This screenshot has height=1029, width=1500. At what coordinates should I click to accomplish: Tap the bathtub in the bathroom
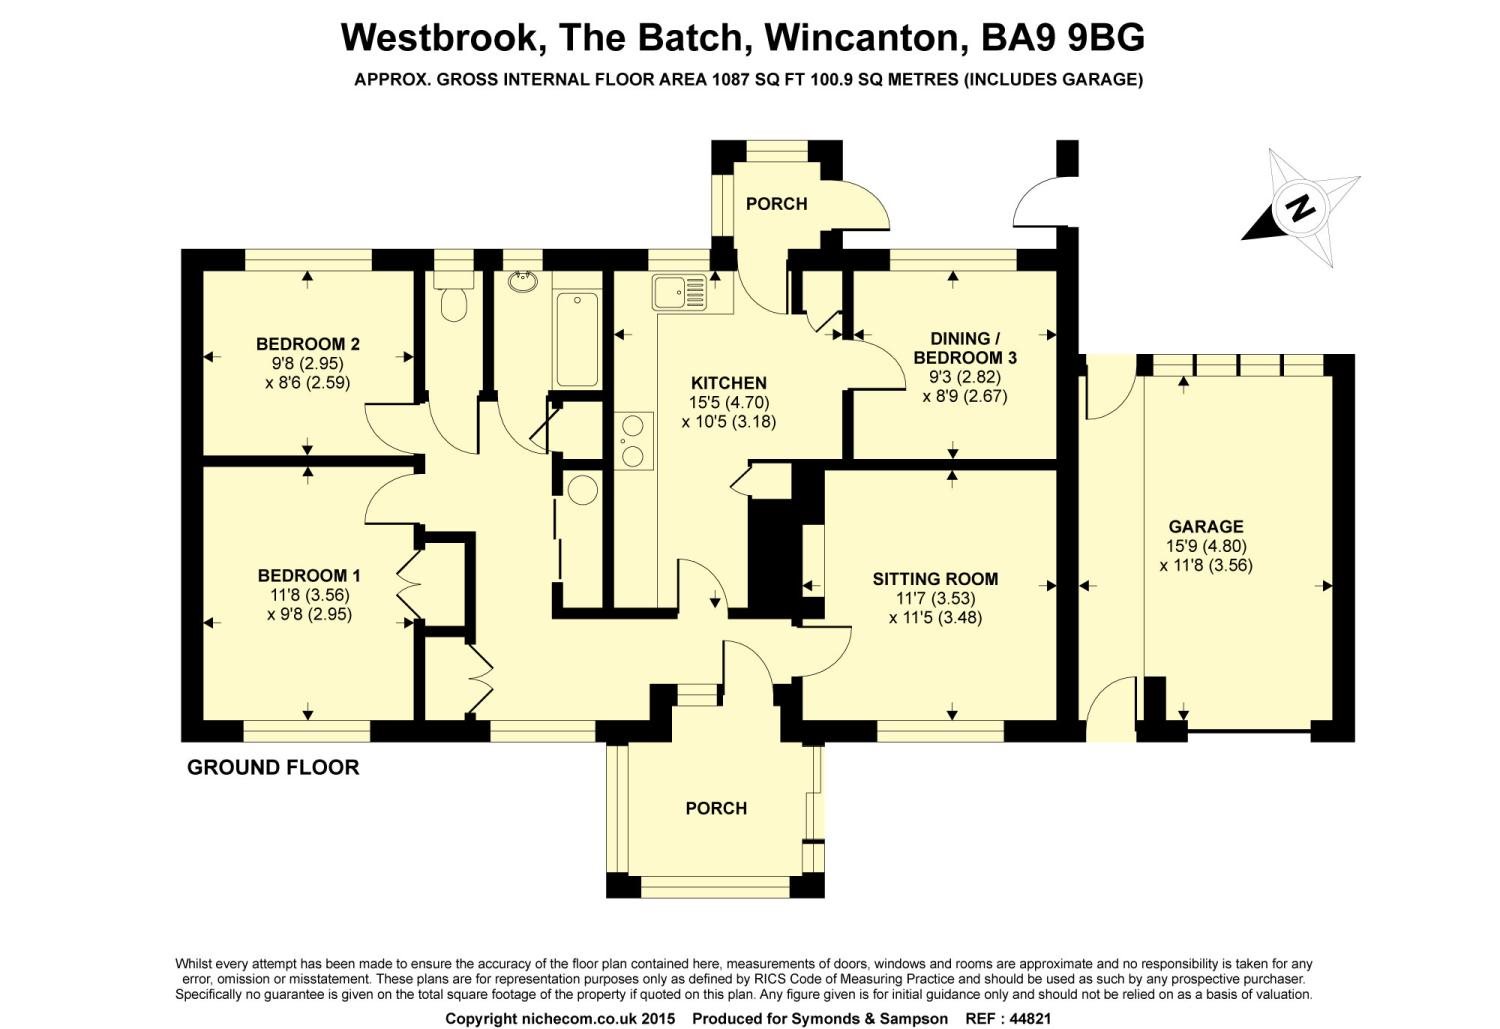[x=577, y=339]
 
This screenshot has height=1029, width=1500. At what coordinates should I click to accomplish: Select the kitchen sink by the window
[x=679, y=293]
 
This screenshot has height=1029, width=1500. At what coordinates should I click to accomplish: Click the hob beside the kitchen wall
[x=633, y=441]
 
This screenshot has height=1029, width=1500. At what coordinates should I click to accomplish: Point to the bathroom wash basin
[x=522, y=282]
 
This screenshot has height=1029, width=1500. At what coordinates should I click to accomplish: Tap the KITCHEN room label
[x=729, y=383]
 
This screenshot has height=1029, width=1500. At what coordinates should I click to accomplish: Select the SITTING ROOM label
[x=935, y=578]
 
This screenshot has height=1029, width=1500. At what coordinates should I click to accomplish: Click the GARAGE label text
[x=1205, y=526]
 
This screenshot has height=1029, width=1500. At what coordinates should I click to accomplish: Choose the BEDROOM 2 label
[x=308, y=344]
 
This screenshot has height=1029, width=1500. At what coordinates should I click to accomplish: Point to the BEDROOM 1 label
[x=309, y=575]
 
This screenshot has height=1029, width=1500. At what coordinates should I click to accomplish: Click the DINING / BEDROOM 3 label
[x=965, y=348]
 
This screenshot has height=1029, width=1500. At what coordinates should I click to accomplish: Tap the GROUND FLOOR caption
[x=273, y=767]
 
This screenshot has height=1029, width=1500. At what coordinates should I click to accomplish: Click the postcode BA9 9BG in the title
[x=1063, y=37]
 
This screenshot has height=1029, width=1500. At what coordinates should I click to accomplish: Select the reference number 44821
[x=1031, y=1019]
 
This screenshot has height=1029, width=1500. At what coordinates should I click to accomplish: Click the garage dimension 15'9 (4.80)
[x=1206, y=546]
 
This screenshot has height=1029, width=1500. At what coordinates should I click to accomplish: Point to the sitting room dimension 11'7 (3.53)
[x=935, y=598]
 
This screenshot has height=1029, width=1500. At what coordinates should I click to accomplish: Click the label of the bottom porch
[x=716, y=808]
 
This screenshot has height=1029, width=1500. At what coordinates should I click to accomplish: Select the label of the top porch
[x=776, y=204]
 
